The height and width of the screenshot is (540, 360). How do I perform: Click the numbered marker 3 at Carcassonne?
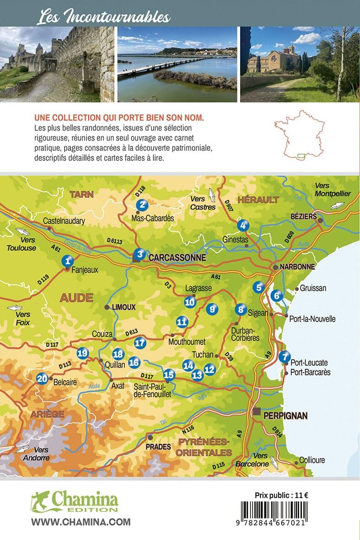(141, 254)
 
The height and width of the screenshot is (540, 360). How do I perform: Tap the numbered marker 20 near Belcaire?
(42, 378)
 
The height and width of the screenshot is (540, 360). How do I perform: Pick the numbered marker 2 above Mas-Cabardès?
(143, 205)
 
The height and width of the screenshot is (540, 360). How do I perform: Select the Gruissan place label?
(312, 289)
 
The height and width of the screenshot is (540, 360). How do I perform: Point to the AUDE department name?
(76, 298)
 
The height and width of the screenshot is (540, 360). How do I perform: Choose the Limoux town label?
(123, 307)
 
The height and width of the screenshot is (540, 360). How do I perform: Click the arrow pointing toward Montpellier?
(336, 206)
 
